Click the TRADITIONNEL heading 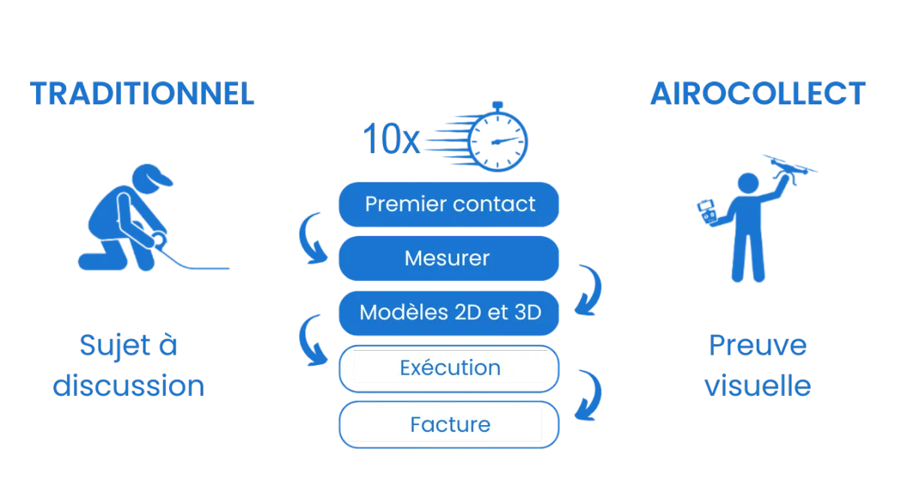[143, 95]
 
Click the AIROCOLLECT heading [758, 95]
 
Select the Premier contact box [449, 204]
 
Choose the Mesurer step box [449, 258]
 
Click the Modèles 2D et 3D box [449, 312]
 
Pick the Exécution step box [449, 368]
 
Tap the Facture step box [449, 424]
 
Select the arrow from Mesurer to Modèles [589, 289]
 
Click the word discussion [129, 385]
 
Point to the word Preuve [757, 346]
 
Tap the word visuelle [757, 385]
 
